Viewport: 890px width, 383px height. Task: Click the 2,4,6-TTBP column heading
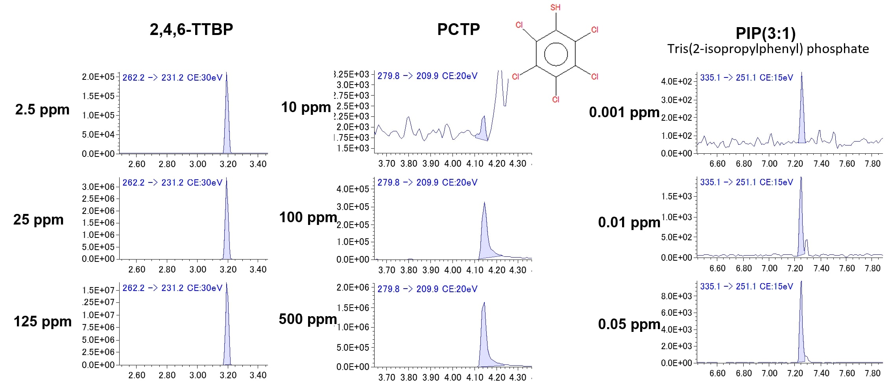[x=191, y=29]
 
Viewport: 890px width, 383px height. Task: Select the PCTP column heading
[x=458, y=29]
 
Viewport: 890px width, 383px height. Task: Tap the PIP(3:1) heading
[x=765, y=33]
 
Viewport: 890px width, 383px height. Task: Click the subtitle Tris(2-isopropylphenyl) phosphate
[x=768, y=49]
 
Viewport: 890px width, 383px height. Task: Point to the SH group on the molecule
[x=555, y=7]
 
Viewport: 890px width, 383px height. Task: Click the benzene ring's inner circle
[x=556, y=54]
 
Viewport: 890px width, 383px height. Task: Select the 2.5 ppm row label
[x=42, y=110]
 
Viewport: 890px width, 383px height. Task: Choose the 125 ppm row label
[x=42, y=322]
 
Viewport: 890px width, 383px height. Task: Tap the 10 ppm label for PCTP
[x=306, y=107]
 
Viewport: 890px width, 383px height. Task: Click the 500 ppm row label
[x=308, y=319]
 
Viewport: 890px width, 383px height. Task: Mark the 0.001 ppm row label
[x=624, y=112]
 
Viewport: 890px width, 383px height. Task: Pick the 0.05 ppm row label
[x=629, y=324]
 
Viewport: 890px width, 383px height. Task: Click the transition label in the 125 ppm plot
[x=172, y=288]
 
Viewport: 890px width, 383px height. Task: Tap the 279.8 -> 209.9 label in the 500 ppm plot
[x=427, y=289]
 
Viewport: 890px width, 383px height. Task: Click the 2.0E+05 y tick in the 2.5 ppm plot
[x=98, y=77]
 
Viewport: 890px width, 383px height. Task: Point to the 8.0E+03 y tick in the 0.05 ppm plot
[x=676, y=296]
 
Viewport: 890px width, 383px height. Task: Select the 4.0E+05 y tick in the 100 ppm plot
[x=353, y=189]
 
